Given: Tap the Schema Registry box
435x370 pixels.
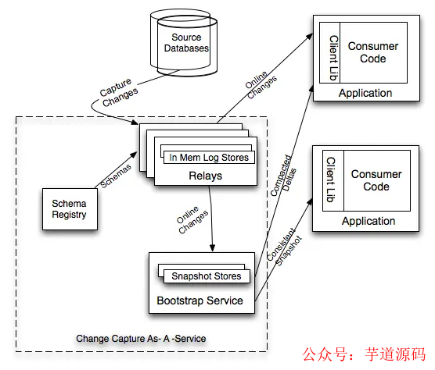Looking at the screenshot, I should pos(69,208).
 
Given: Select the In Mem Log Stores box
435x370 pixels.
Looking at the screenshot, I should pos(209,158).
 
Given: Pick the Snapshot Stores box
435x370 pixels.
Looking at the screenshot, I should pos(205,276).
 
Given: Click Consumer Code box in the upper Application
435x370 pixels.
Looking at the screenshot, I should pos(372,52).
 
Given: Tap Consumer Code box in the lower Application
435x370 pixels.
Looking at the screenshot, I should pos(376,180).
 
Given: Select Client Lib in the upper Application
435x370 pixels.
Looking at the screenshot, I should pos(333,52).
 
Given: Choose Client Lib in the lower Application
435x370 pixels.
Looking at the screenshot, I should pos(331,180).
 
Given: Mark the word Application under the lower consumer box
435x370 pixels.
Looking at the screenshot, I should pos(368,221).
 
